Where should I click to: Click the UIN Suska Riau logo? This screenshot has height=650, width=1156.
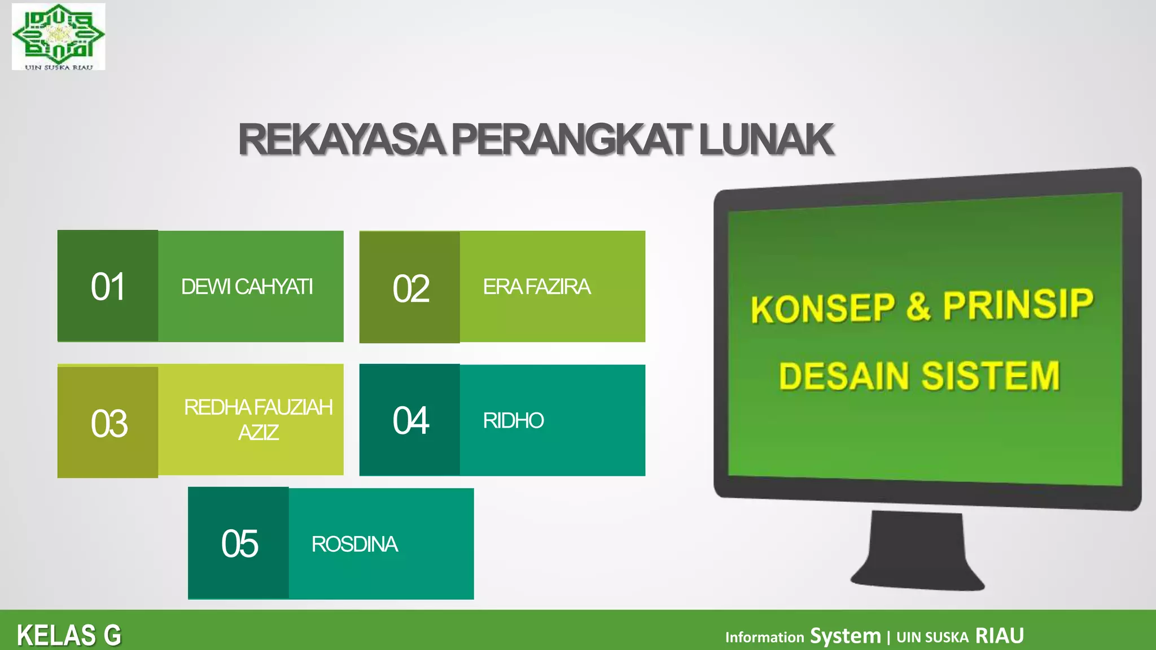58,36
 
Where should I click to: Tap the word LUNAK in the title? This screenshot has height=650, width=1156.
766,139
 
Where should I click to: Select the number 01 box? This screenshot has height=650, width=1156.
108,286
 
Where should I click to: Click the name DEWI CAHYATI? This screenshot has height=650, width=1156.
247,287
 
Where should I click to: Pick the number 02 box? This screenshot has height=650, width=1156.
410,288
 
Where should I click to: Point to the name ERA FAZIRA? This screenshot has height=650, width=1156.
536,287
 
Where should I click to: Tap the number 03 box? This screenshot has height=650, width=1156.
108,423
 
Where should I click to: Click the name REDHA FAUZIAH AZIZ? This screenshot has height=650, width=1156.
258,419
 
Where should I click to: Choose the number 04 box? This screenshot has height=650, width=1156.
410,420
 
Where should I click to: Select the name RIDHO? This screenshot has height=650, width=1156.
513,420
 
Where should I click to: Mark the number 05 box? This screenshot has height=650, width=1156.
239,543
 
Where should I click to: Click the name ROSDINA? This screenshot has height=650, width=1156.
354,544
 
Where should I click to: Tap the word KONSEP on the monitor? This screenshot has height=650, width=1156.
823,308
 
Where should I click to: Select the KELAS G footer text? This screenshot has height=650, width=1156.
69,635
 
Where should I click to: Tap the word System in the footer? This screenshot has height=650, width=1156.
845,636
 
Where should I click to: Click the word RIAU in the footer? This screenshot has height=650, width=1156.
999,636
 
